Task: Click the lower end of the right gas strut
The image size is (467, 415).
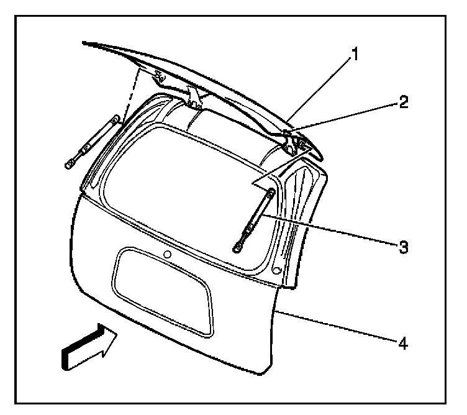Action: (x=237, y=248)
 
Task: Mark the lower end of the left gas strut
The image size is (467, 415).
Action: (x=68, y=164)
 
